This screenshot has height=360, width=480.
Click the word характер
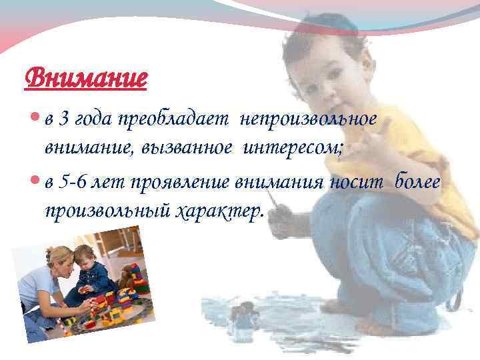pos(219,211)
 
